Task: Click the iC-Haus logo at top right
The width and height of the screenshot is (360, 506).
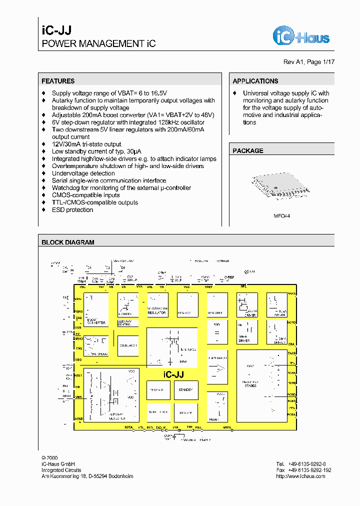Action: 300,35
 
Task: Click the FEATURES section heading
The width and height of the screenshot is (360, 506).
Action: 58,81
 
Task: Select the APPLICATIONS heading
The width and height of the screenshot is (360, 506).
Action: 255,81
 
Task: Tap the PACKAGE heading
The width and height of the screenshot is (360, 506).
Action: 247,150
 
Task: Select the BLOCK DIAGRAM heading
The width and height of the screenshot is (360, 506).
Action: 67,242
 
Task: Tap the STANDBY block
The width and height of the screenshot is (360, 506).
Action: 186,389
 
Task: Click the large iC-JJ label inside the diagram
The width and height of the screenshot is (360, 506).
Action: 173,374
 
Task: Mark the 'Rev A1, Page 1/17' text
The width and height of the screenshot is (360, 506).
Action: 308,62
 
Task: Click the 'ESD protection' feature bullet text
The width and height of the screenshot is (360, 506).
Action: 72,210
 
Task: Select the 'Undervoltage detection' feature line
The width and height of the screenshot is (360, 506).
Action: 83,173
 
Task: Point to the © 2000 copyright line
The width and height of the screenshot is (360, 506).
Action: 50,457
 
